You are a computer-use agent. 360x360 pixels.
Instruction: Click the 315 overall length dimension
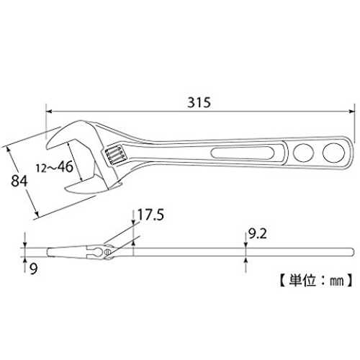click(199, 102)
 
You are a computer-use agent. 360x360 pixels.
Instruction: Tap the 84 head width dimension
click(19, 181)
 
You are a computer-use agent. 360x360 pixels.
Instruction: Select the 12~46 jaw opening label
click(55, 167)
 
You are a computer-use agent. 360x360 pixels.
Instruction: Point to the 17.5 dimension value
click(150, 215)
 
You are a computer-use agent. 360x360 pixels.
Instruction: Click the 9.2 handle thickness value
click(257, 234)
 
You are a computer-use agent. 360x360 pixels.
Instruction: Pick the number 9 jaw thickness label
click(34, 269)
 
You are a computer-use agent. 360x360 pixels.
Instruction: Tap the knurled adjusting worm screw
click(114, 155)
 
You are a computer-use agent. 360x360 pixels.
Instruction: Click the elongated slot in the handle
click(242, 153)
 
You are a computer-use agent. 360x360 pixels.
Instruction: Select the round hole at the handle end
click(333, 153)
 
